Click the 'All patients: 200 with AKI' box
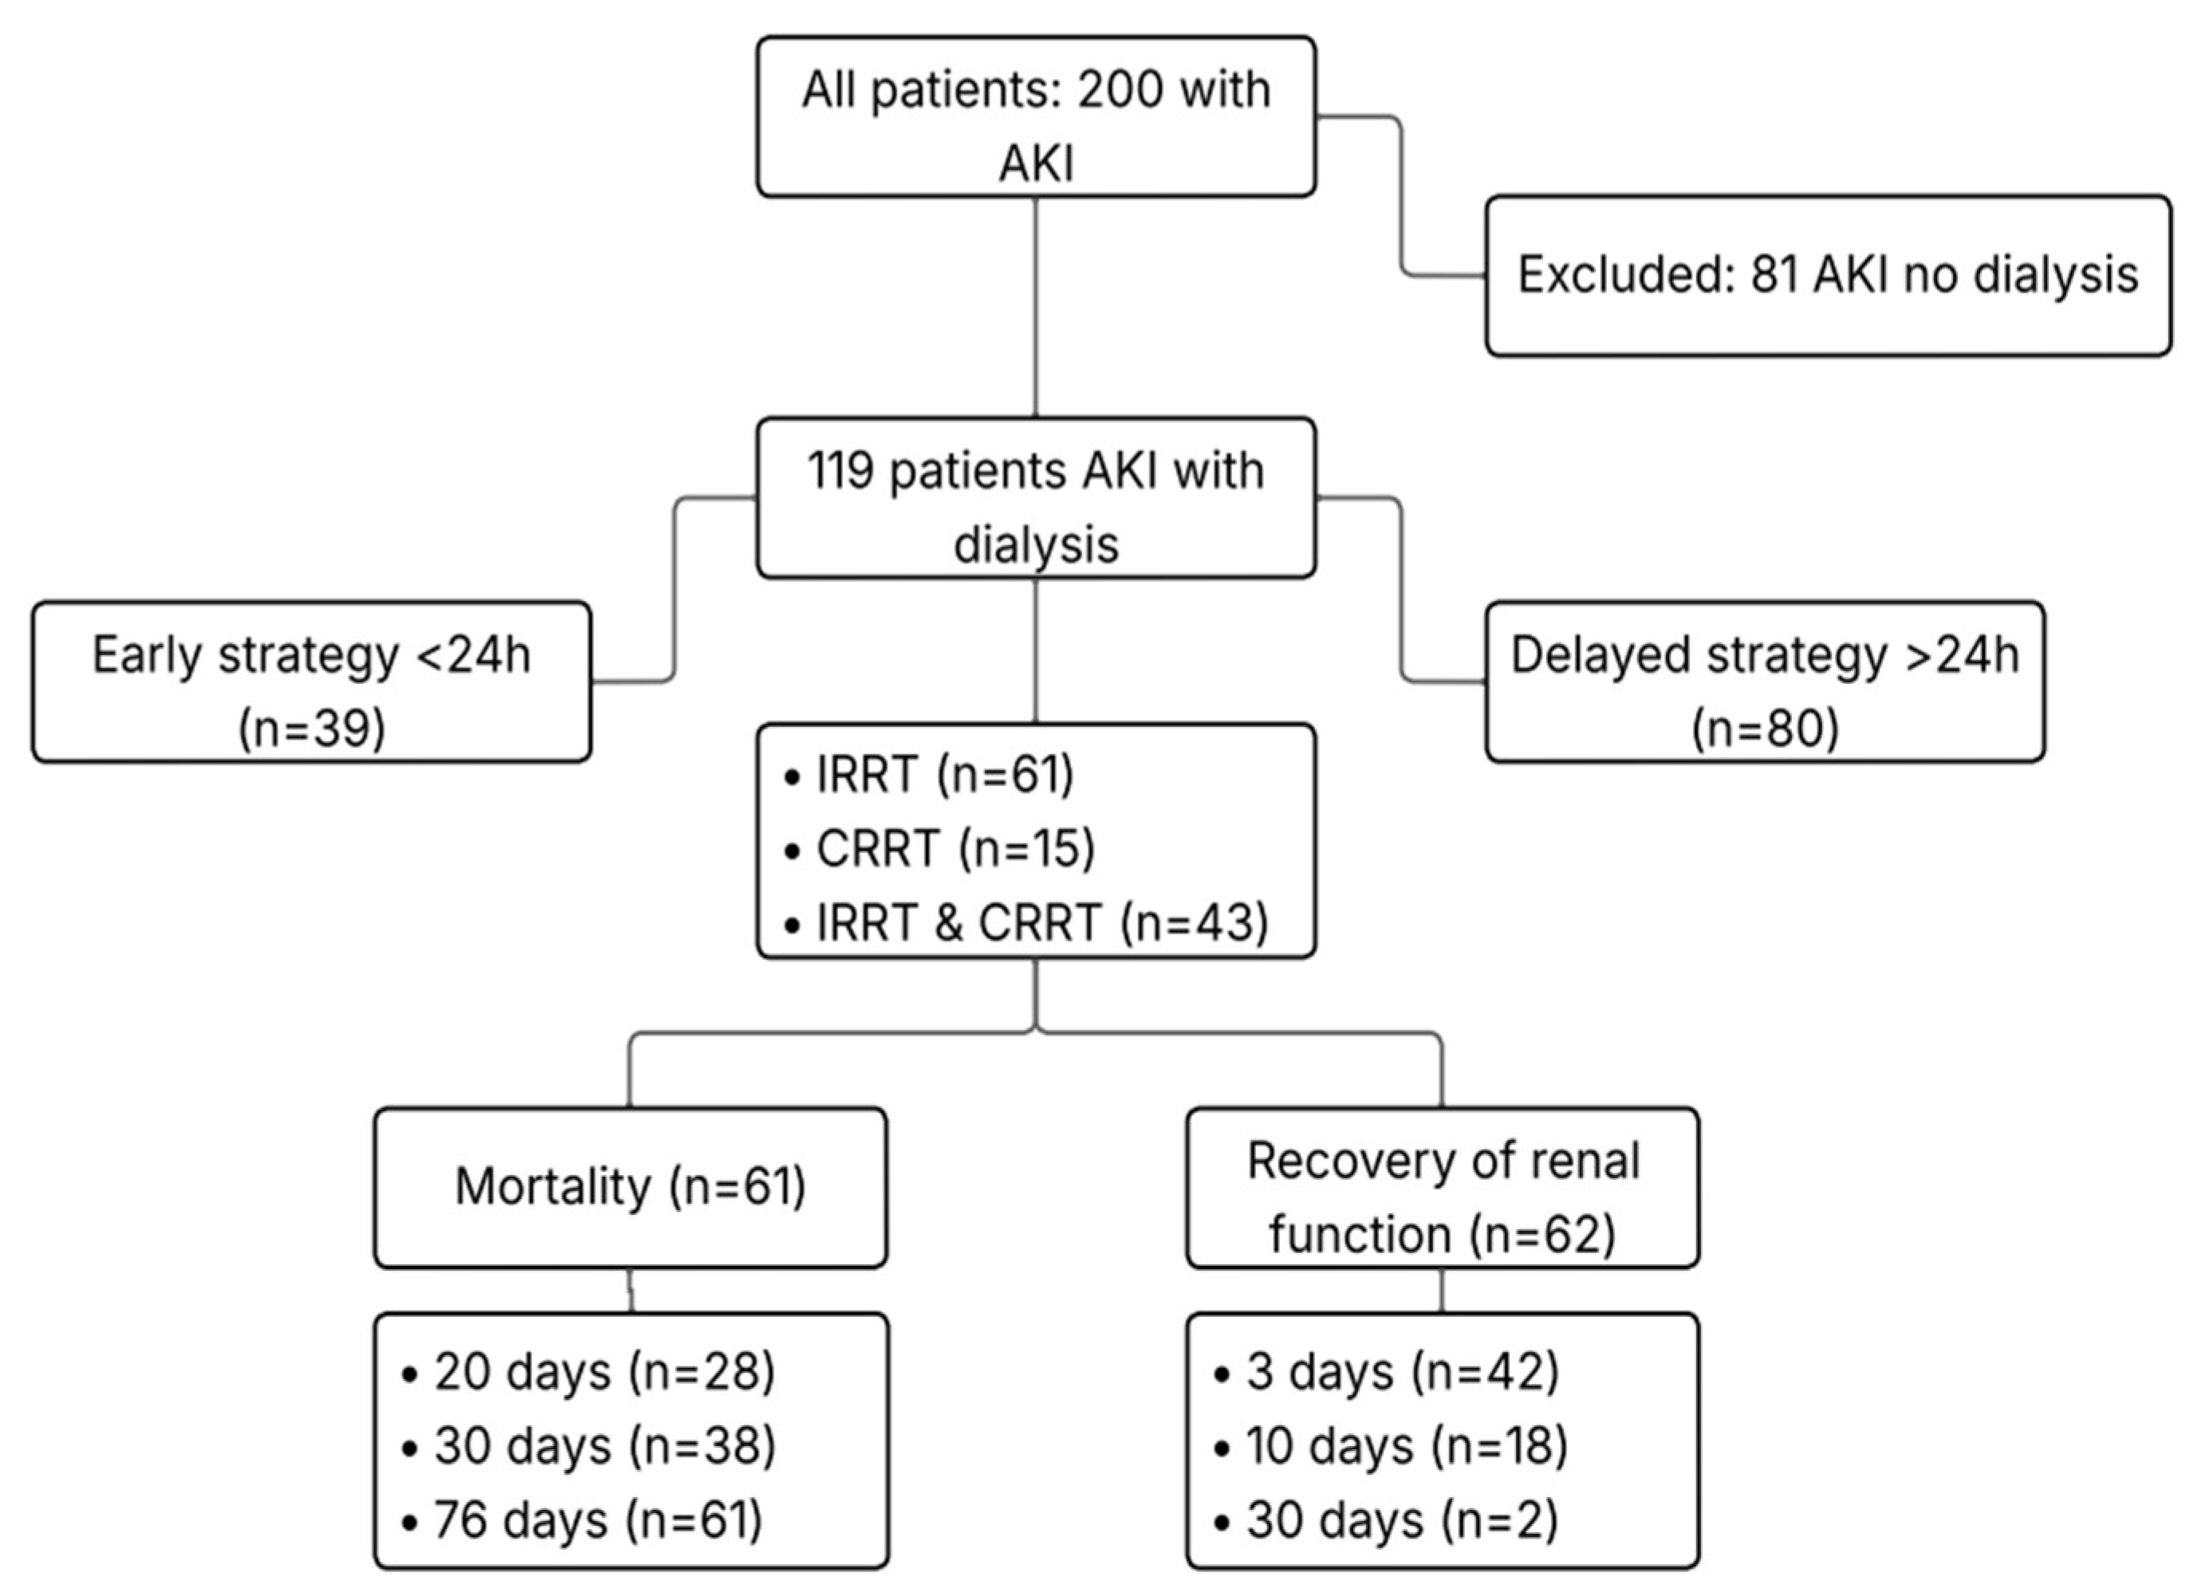point(1035,116)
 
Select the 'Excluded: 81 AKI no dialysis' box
point(1827,276)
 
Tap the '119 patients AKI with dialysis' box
point(1035,497)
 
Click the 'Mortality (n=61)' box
point(630,1186)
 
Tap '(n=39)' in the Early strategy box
point(312,728)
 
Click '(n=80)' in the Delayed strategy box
point(1764,728)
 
